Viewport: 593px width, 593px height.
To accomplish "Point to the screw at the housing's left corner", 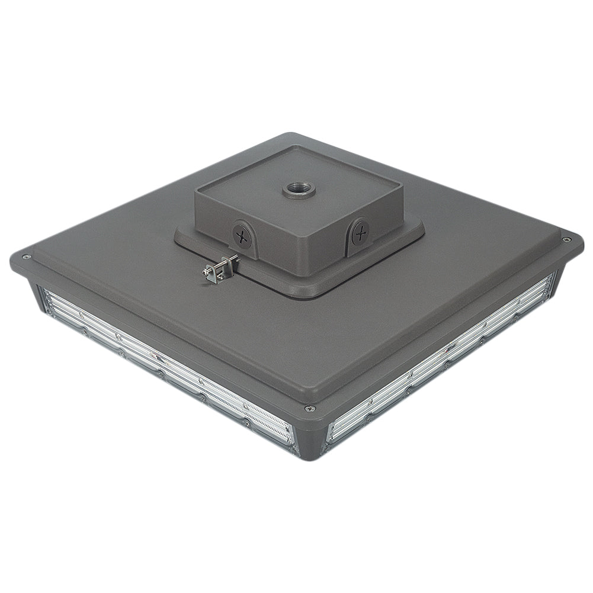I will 25,257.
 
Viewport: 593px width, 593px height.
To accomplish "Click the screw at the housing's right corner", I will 566,239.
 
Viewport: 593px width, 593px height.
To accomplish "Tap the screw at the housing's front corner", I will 309,408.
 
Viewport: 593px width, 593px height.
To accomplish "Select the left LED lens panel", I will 166,367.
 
